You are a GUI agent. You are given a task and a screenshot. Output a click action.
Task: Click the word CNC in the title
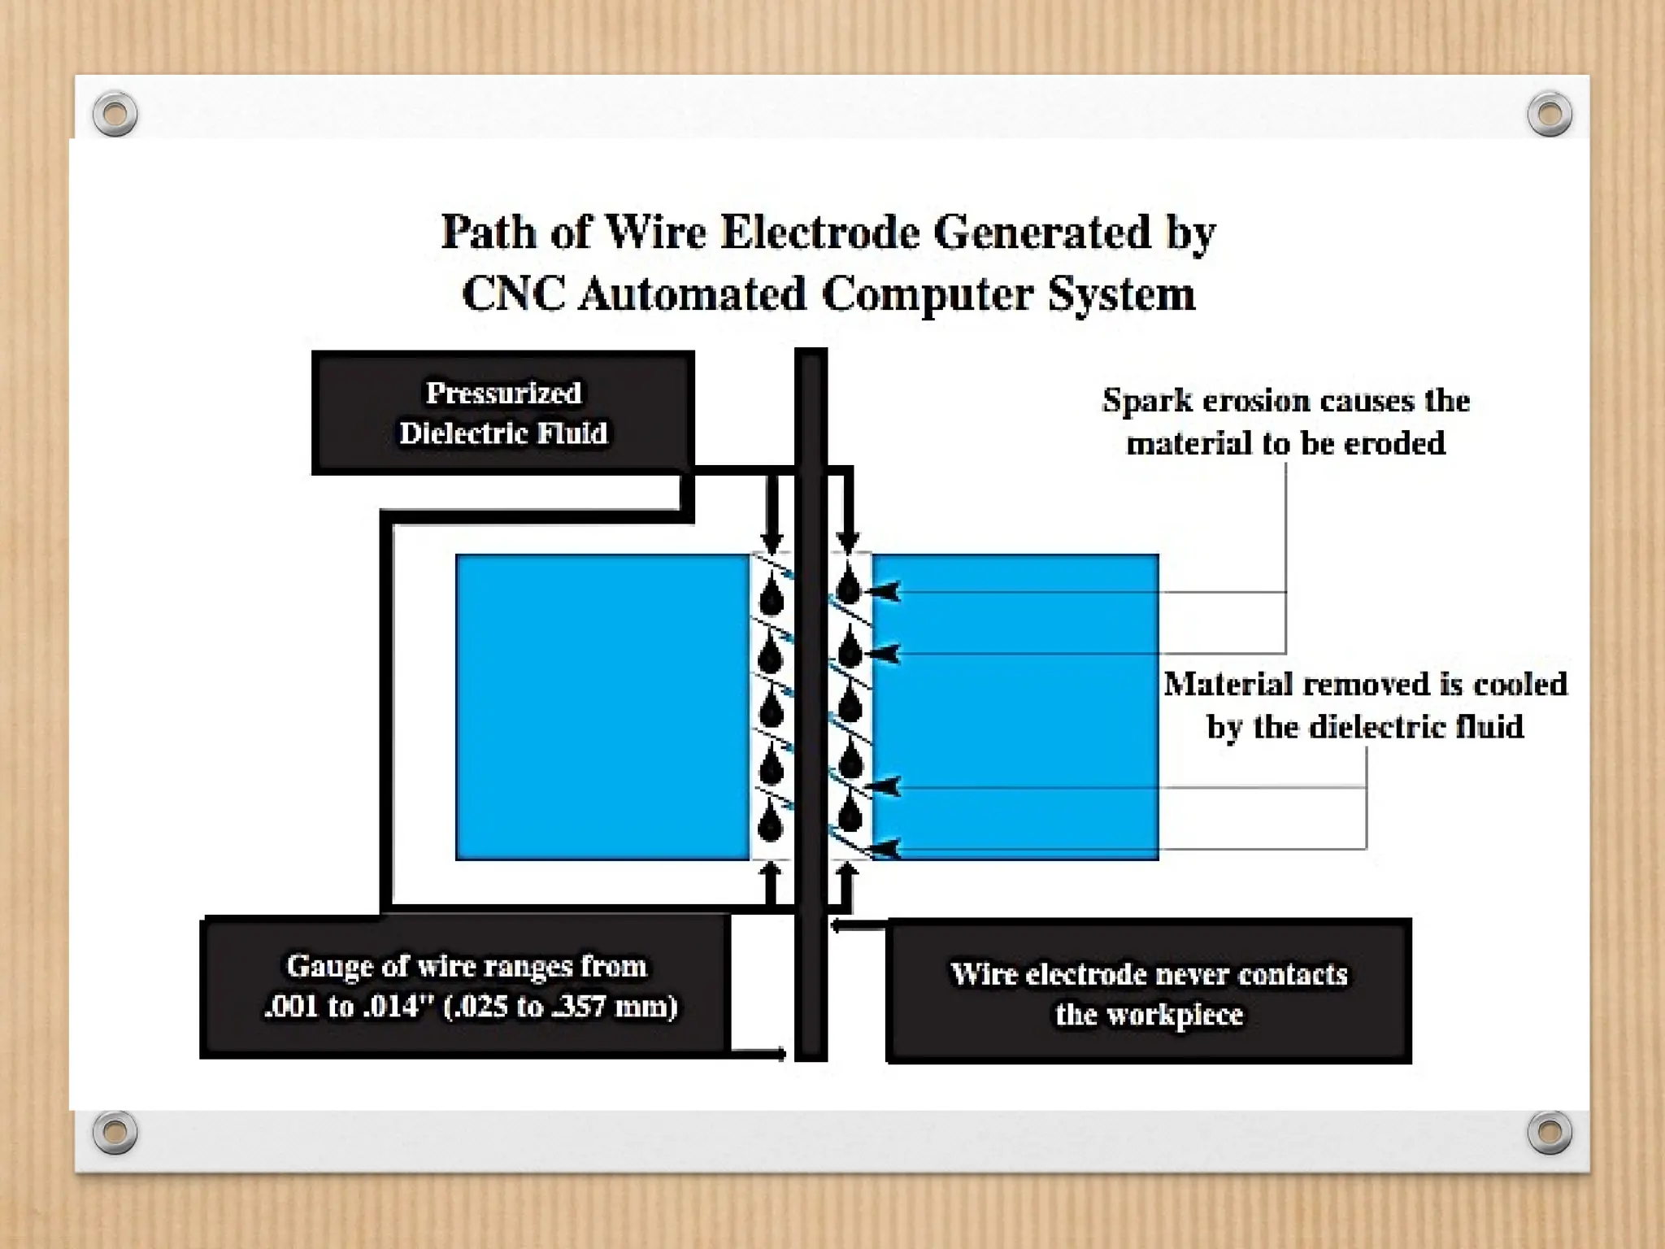click(x=514, y=294)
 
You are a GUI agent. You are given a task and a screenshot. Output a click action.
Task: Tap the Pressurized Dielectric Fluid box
click(x=502, y=412)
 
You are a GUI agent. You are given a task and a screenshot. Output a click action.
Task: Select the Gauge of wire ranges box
click(x=464, y=986)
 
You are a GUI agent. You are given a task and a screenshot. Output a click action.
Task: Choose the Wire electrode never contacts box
click(x=1148, y=992)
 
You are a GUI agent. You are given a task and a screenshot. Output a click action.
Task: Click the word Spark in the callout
click(x=1148, y=401)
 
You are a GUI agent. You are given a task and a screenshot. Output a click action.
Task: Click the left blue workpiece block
click(x=602, y=707)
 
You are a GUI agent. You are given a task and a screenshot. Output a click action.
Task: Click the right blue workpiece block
click(x=1015, y=707)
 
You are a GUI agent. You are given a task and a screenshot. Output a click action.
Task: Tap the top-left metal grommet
click(x=115, y=113)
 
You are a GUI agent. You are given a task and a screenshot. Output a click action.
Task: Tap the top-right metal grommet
click(x=1550, y=113)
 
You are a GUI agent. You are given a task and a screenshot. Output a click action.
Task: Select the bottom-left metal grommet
click(x=115, y=1131)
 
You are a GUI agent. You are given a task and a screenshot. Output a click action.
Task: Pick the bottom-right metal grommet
click(x=1550, y=1131)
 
